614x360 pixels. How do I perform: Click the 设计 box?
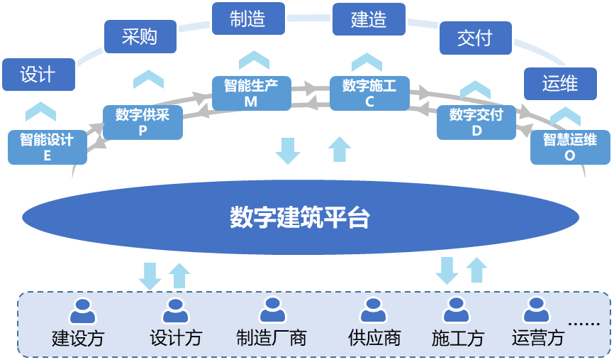(x=38, y=74)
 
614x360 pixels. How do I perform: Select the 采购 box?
(x=140, y=36)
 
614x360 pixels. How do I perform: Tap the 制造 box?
(x=248, y=18)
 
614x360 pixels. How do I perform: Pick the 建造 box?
(x=369, y=19)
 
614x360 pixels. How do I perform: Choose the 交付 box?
(x=475, y=37)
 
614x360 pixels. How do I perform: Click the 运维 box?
(x=560, y=83)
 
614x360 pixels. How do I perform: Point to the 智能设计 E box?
(x=47, y=147)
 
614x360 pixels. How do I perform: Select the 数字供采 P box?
(x=143, y=121)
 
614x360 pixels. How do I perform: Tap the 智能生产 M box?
(x=251, y=93)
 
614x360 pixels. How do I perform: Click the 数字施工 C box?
(x=369, y=93)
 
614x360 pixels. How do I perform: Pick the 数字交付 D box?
(x=476, y=121)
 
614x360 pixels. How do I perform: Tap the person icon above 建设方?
(x=82, y=311)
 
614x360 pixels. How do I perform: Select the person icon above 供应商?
(x=373, y=311)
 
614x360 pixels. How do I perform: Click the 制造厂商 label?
(x=272, y=338)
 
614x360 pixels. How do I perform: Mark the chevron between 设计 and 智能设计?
(x=40, y=111)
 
